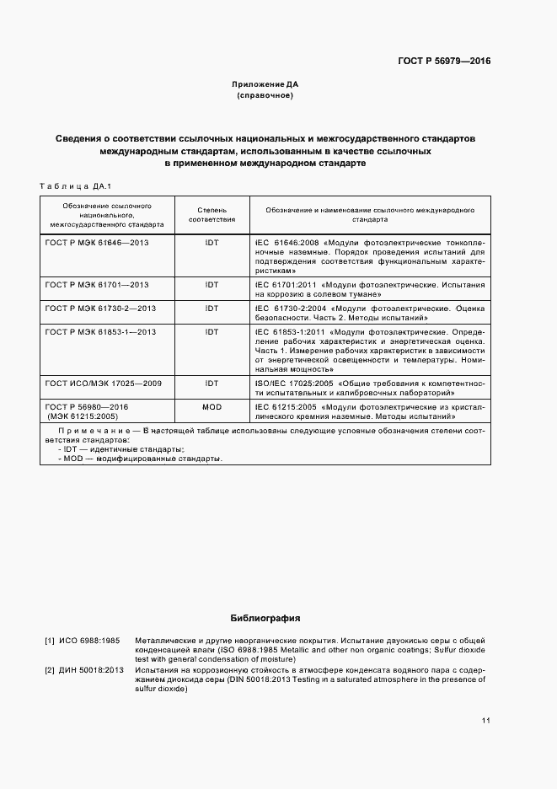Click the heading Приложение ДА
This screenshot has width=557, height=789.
tap(265, 85)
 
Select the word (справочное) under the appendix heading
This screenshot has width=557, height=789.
tap(265, 96)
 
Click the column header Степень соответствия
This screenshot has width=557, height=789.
tap(212, 212)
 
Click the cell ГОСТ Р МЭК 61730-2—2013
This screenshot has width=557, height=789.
tap(100, 309)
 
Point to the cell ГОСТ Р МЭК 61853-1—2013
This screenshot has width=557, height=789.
tap(100, 332)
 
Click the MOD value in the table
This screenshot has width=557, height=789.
tap(212, 406)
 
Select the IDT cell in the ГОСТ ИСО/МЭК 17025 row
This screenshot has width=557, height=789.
tap(212, 383)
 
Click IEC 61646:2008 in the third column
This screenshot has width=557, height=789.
tap(285, 241)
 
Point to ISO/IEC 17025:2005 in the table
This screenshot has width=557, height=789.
tap(292, 383)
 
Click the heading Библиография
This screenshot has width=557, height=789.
tap(265, 618)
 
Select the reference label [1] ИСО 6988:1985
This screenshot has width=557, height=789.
tap(82, 641)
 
